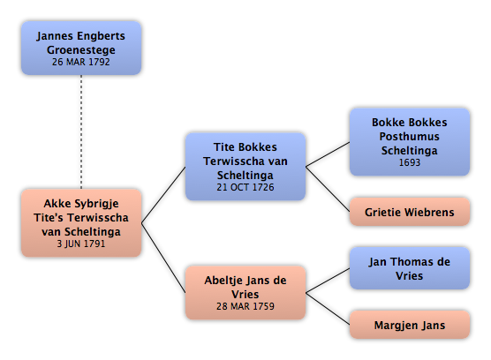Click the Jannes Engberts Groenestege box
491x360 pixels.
(x=81, y=48)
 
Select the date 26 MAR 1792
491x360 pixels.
(x=81, y=62)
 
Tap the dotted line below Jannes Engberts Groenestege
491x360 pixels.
(x=81, y=131)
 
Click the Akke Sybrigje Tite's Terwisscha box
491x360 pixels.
(x=81, y=222)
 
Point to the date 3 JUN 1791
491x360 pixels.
(x=81, y=244)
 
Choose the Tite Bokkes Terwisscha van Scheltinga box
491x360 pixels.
(x=245, y=167)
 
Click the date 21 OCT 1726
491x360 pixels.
(x=245, y=187)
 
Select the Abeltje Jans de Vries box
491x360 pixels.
(x=245, y=292)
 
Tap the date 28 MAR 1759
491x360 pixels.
(x=245, y=306)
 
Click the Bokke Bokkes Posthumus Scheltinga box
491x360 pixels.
(x=410, y=142)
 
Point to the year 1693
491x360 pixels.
(x=410, y=162)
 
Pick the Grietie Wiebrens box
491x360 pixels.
(x=410, y=212)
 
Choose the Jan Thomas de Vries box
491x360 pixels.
(x=410, y=268)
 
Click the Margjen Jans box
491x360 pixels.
(x=410, y=325)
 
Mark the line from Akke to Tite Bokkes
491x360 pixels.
(x=163, y=195)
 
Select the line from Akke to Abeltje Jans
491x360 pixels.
(x=163, y=258)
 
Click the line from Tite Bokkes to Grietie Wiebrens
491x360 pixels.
(x=328, y=189)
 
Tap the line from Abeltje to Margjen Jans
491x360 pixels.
(x=328, y=309)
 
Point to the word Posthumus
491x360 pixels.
(x=410, y=137)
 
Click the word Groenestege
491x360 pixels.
(x=81, y=50)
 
